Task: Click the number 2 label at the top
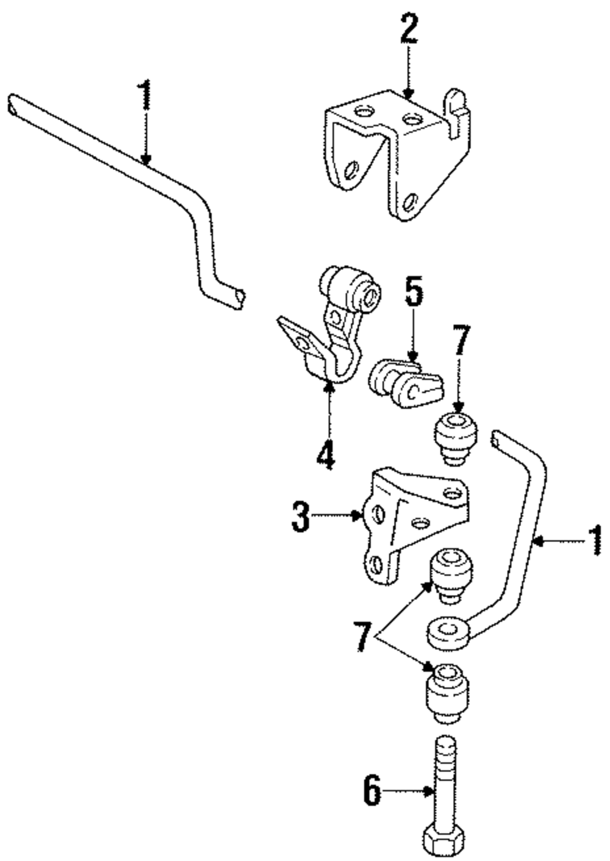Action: pos(409,29)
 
